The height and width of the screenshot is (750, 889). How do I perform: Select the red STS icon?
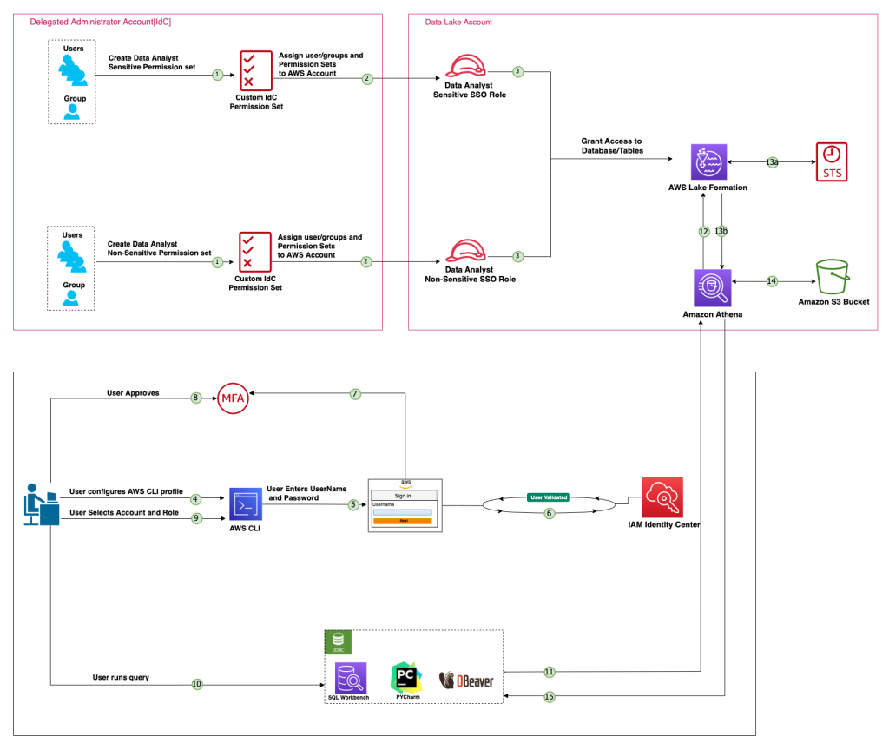pos(831,161)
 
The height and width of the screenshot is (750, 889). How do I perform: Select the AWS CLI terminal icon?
pos(246,504)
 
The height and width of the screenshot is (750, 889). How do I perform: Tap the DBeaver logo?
pos(466,679)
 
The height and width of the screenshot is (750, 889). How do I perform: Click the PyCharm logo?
pos(405,677)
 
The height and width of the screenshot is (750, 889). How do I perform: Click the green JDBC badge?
pos(336,641)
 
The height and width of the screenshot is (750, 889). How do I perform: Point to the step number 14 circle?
pos(771,280)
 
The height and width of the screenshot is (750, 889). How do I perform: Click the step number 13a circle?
pos(772,162)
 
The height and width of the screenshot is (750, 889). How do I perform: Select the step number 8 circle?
pos(196,398)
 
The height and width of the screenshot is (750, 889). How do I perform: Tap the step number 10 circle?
pos(197,684)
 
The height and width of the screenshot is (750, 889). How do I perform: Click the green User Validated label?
pos(549,497)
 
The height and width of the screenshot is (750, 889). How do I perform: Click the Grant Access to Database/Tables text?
pos(612,146)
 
